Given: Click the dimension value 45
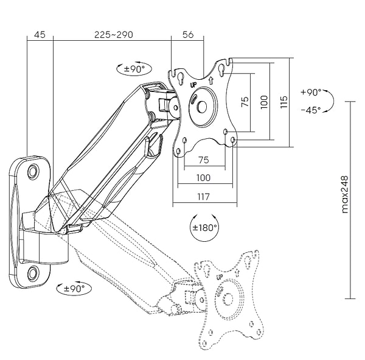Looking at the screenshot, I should tap(40, 35).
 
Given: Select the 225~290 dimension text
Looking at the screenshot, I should tap(113, 35).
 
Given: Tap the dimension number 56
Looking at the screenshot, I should tap(188, 35).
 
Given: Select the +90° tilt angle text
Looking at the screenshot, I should tap(311, 93).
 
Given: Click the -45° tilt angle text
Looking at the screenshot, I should tap(311, 110).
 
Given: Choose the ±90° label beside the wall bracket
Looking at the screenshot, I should tap(73, 288).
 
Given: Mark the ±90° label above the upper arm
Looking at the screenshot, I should tap(133, 69).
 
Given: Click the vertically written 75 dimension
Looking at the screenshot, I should tap(245, 102).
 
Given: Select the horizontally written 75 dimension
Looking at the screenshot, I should tap(203, 160).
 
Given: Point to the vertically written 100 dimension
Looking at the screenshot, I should tap(263, 102).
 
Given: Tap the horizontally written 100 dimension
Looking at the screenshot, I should tap(203, 178).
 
